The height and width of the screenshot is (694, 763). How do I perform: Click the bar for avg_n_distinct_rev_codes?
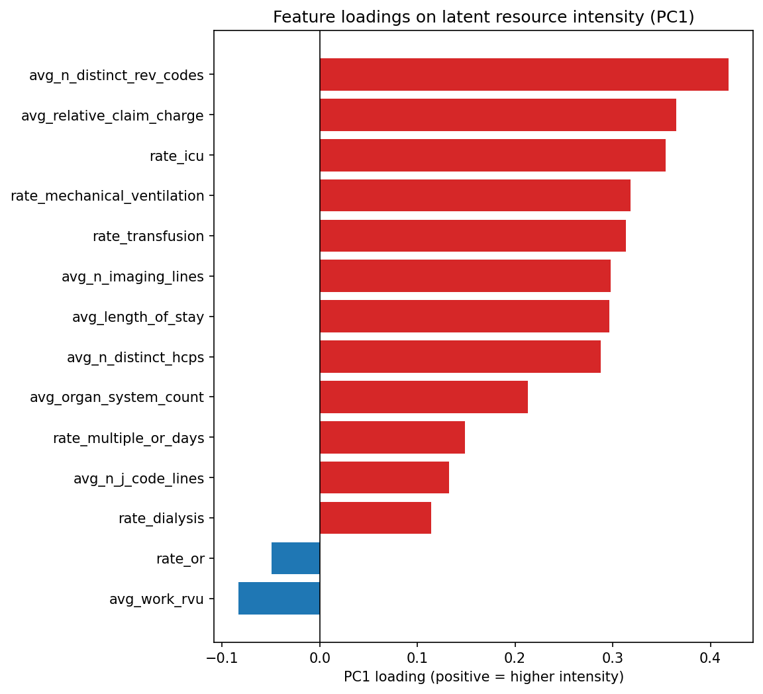point(524,75)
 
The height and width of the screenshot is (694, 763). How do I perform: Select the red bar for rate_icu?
point(492,156)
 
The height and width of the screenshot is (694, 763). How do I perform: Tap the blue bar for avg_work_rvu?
point(279,599)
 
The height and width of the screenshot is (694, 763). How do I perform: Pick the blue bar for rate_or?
point(295,558)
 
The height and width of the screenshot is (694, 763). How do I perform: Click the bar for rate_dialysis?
point(375,518)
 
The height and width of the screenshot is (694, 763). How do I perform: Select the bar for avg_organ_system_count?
point(423,397)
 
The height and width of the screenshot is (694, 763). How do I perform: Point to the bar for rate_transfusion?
point(472,236)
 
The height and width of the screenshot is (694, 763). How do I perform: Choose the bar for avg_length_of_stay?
point(464,317)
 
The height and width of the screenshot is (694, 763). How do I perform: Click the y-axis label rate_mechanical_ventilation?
point(107,196)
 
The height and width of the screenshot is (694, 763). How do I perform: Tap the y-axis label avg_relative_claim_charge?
point(113,116)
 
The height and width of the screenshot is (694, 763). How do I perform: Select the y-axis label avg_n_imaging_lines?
point(132,277)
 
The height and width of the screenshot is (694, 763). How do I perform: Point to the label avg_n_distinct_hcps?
point(135,358)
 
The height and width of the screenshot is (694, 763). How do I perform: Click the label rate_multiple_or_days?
point(128,438)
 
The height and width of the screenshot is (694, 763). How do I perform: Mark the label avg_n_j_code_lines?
point(138,478)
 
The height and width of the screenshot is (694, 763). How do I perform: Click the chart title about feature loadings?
point(483,17)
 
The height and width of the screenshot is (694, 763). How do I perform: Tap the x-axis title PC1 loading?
point(483,677)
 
